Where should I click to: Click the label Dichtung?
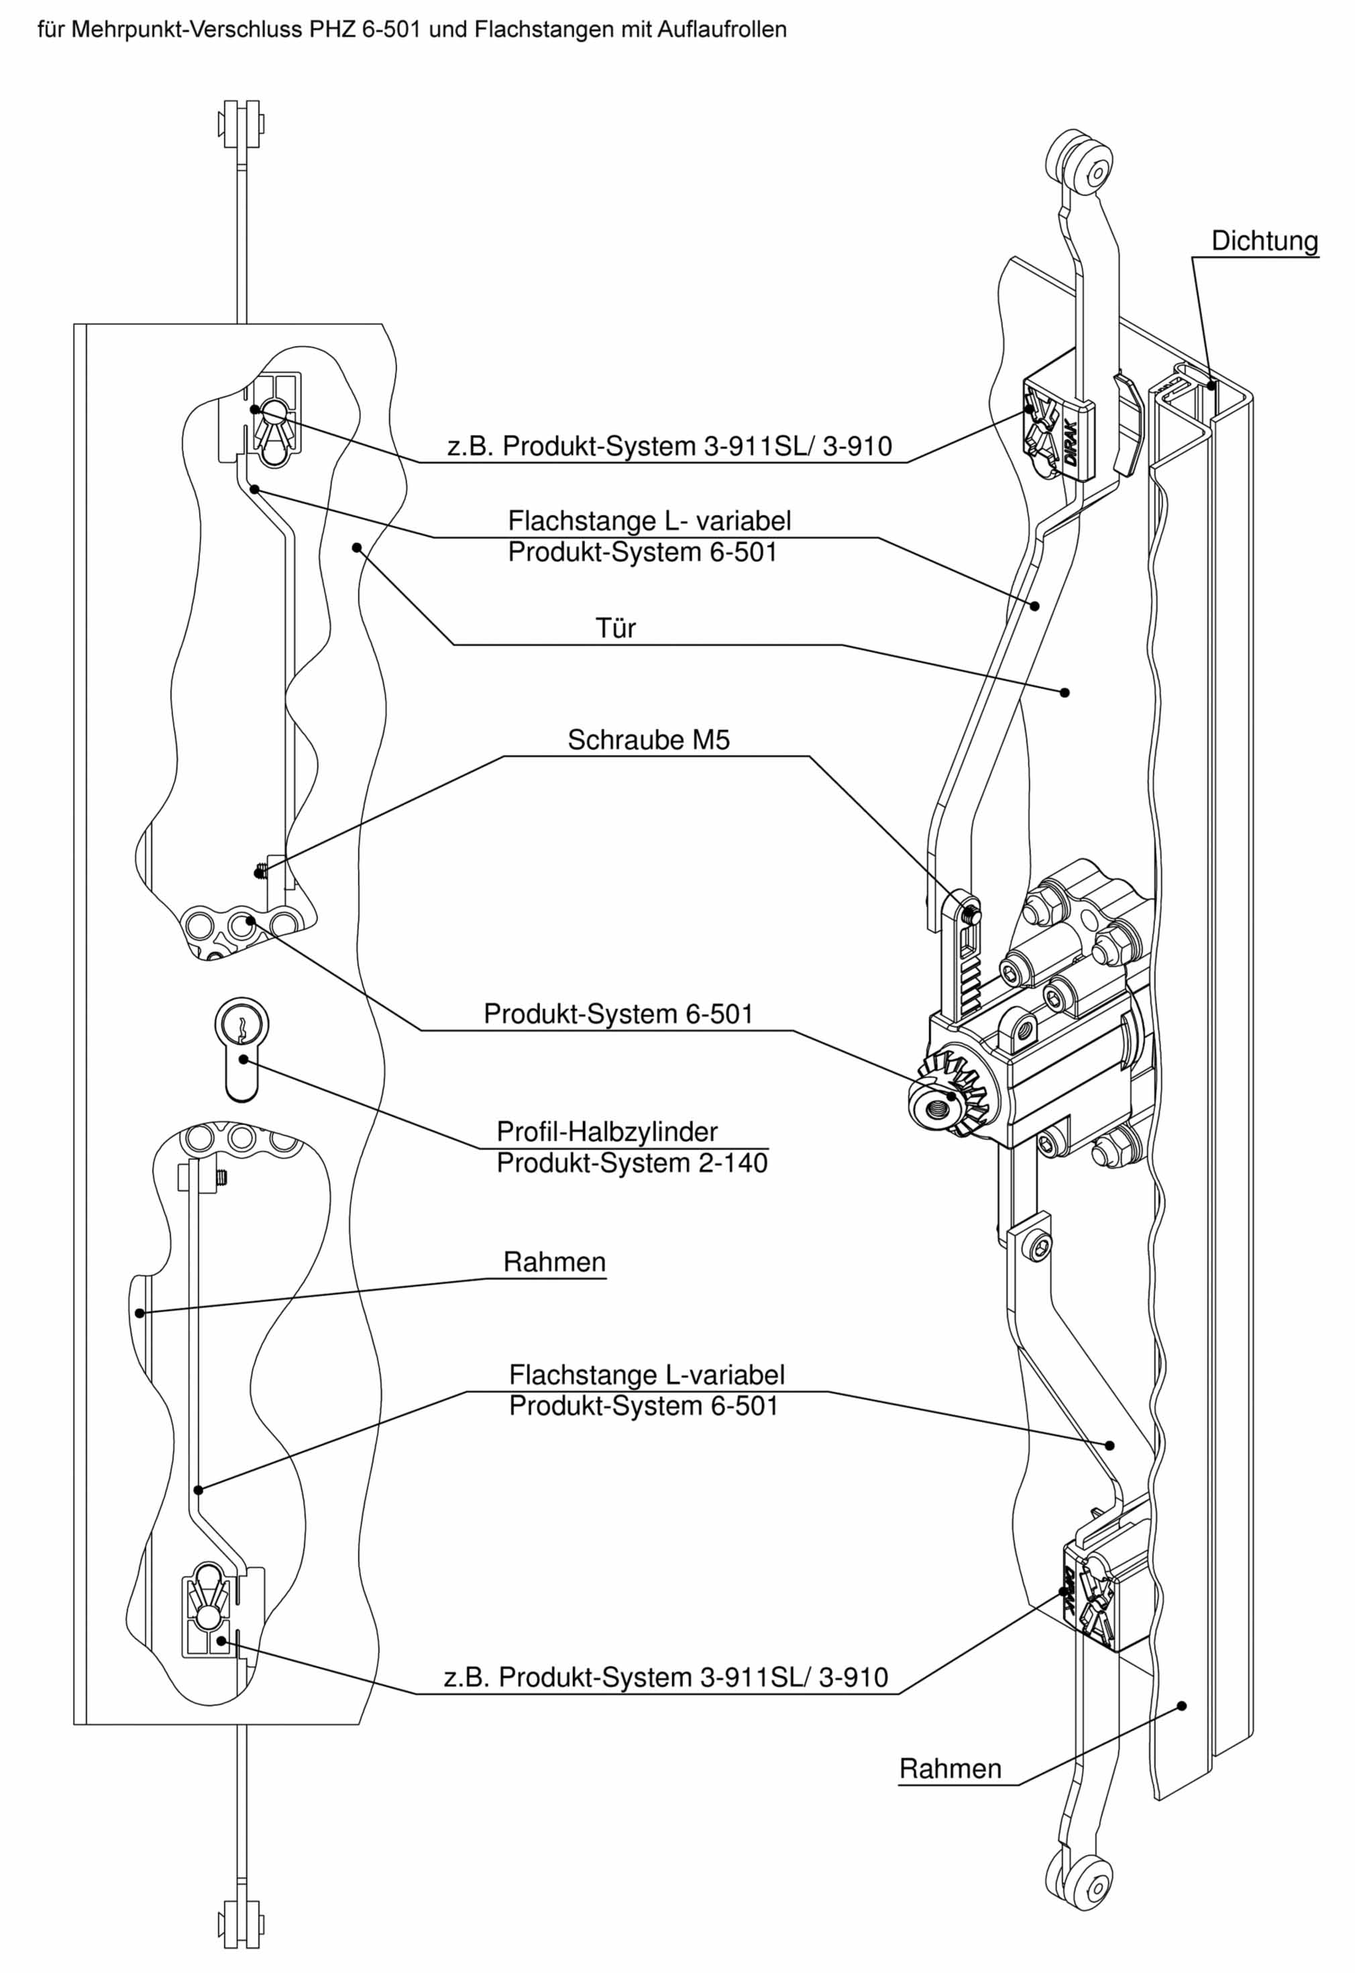click(x=1264, y=241)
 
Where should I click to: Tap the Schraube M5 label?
click(x=648, y=741)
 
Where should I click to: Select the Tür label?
click(x=616, y=628)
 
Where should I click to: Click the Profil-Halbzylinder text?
click(x=607, y=1132)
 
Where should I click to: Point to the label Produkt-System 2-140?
click(x=632, y=1163)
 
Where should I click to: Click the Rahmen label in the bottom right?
click(x=950, y=1769)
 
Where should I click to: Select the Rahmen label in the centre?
click(x=554, y=1263)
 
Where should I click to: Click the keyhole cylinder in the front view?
click(x=241, y=1049)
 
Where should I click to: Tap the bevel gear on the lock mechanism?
click(x=955, y=1095)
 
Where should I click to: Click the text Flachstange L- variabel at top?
click(x=649, y=521)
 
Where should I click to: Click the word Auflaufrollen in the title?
click(x=722, y=30)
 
